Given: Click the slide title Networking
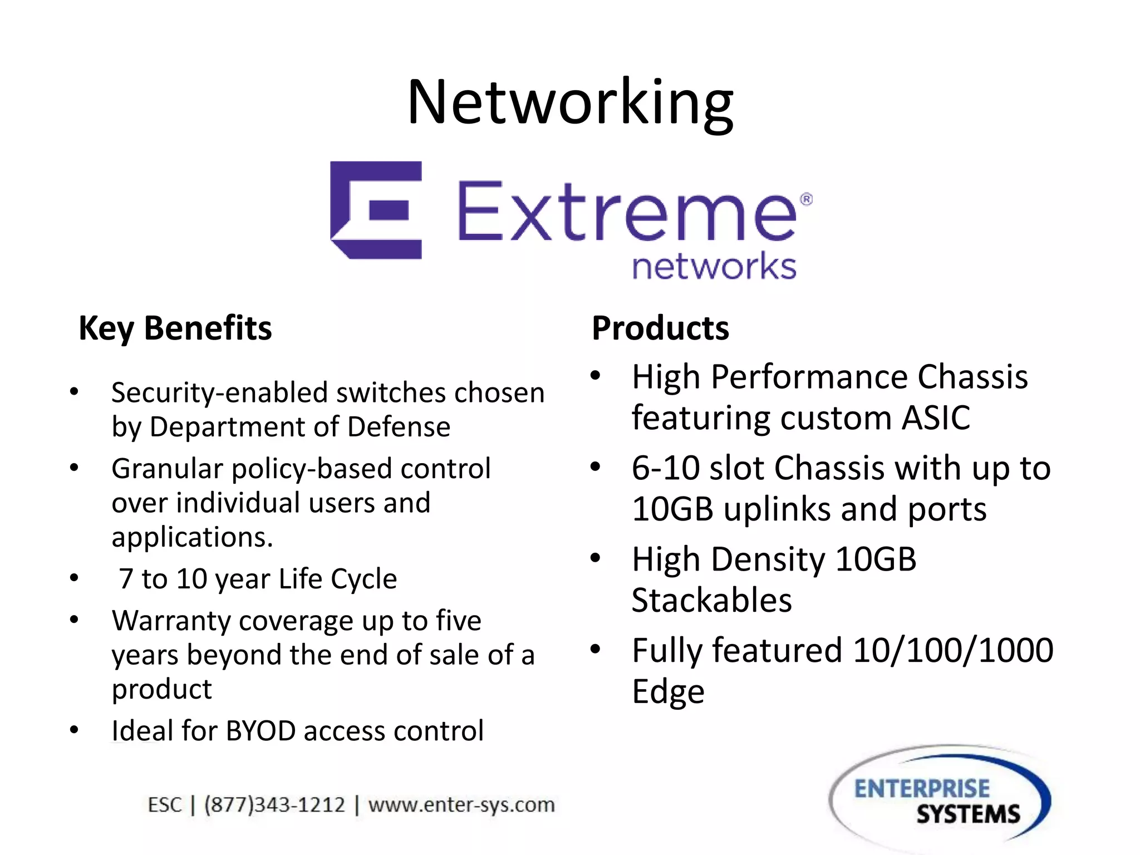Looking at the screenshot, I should [570, 103].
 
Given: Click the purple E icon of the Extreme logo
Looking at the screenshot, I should [376, 210].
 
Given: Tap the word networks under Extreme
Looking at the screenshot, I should [714, 266].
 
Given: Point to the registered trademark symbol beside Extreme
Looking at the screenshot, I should [805, 199].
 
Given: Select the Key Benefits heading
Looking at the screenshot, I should [175, 328].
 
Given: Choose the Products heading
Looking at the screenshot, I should [660, 328].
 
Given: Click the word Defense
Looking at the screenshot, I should [399, 427].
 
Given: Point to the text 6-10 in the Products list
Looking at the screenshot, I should [665, 468].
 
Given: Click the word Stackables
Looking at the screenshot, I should [711, 600].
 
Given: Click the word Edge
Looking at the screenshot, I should [668, 692].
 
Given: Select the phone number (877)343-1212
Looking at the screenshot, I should [274, 805].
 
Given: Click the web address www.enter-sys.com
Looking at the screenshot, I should [461, 805].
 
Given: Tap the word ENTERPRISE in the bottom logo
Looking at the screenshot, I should [922, 789].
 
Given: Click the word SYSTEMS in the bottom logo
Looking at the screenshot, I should [968, 814].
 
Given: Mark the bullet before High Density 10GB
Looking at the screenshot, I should [596, 558].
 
